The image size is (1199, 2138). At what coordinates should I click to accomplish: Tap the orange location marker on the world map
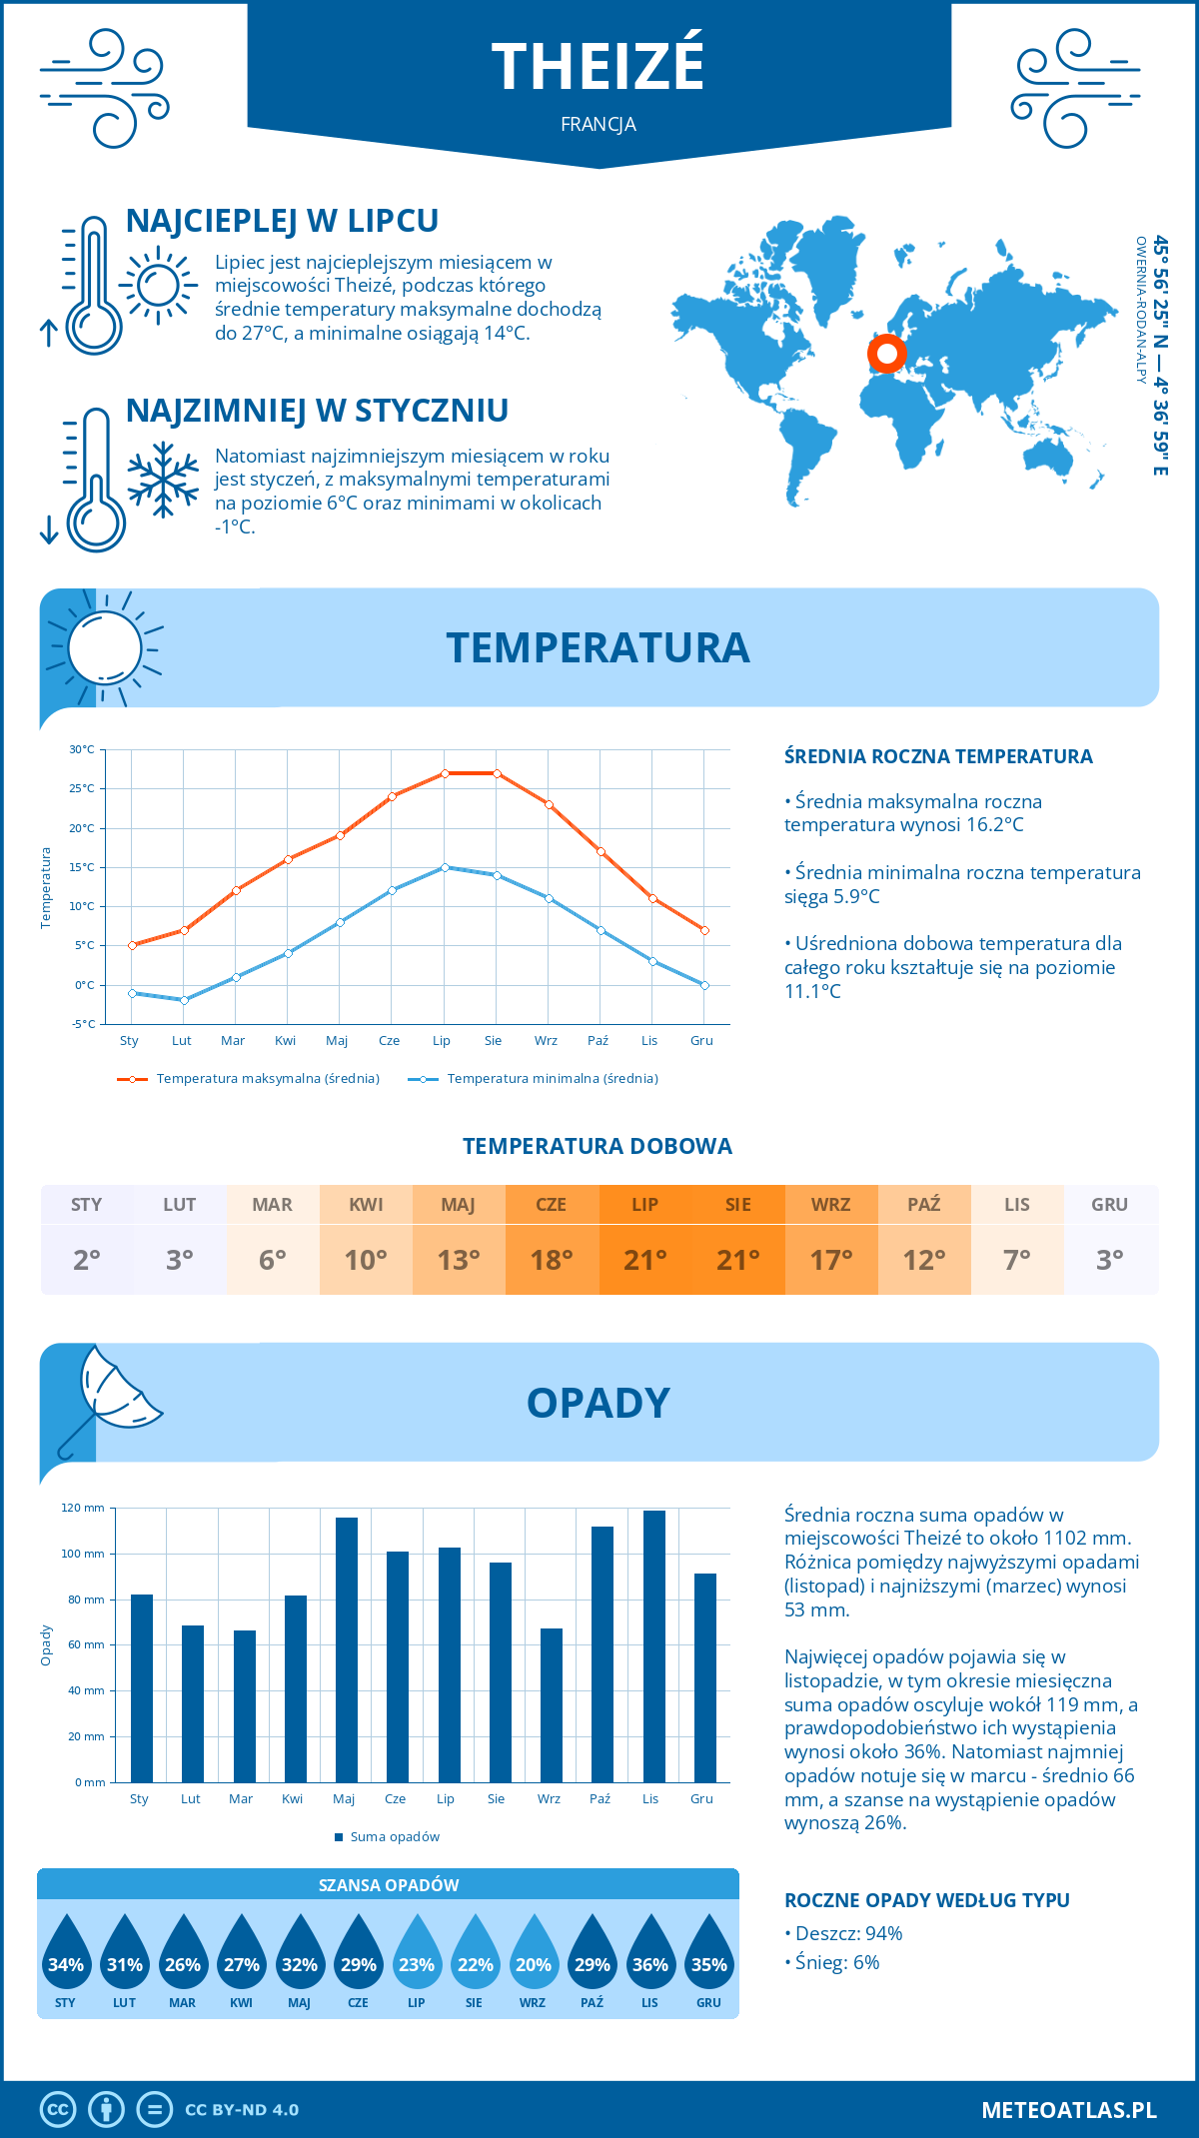click(x=886, y=353)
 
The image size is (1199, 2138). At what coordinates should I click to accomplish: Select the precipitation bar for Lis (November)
click(x=654, y=1645)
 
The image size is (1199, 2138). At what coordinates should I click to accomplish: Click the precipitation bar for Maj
click(x=347, y=1649)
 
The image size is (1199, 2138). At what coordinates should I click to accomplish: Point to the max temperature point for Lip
click(x=445, y=773)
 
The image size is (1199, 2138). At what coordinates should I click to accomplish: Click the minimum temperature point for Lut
click(x=184, y=1000)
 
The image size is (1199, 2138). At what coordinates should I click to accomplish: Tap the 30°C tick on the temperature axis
click(x=82, y=749)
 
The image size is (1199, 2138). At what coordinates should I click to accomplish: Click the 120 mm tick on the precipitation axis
click(x=83, y=1508)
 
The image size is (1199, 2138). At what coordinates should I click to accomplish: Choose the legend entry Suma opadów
click(x=395, y=1836)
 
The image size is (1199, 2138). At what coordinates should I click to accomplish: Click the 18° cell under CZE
click(x=552, y=1260)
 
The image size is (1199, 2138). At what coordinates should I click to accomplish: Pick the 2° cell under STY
click(x=87, y=1260)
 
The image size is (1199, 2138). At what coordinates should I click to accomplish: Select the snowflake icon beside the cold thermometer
click(x=163, y=480)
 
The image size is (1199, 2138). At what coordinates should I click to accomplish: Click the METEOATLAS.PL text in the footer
click(x=1069, y=2109)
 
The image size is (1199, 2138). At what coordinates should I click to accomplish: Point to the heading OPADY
click(x=598, y=1403)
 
